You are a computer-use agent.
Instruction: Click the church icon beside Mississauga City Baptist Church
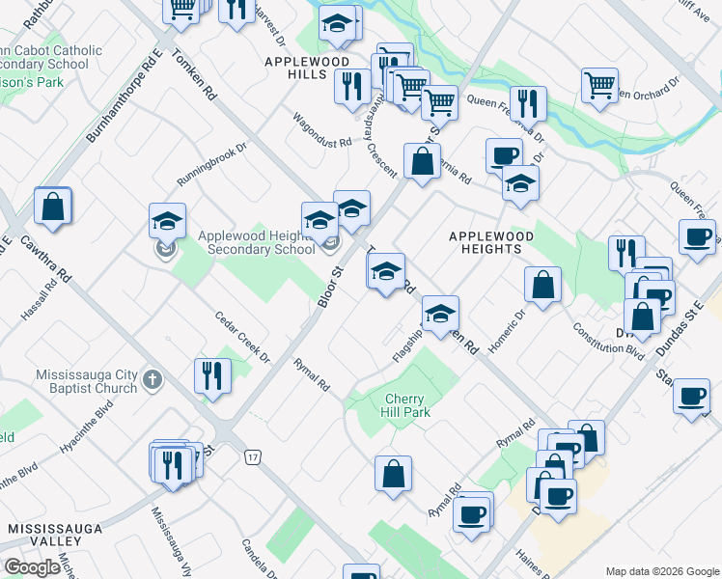153,380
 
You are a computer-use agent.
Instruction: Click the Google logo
32,567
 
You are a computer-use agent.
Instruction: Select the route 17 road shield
253,455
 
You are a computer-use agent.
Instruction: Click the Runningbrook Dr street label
211,165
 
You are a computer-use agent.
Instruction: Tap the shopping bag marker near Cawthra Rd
52,206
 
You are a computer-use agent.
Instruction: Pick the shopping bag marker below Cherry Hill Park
393,474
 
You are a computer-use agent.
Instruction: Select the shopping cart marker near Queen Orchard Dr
599,84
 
